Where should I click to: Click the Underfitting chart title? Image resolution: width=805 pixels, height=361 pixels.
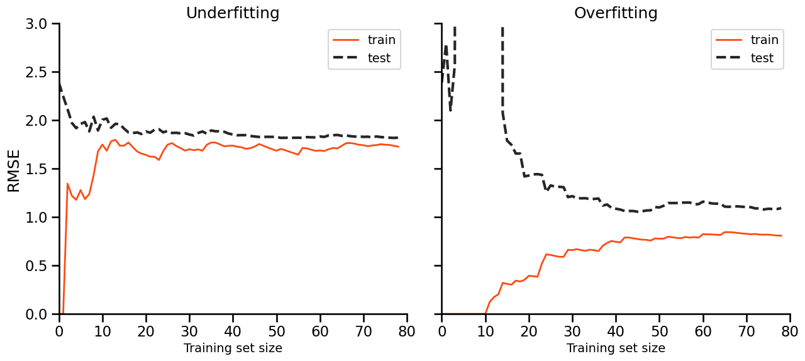pos(233,13)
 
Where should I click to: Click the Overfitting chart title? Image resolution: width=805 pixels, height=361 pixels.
pos(616,13)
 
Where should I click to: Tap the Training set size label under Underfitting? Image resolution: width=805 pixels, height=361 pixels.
pos(233,348)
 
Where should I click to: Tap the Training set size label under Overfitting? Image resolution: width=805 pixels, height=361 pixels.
pos(616,348)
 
